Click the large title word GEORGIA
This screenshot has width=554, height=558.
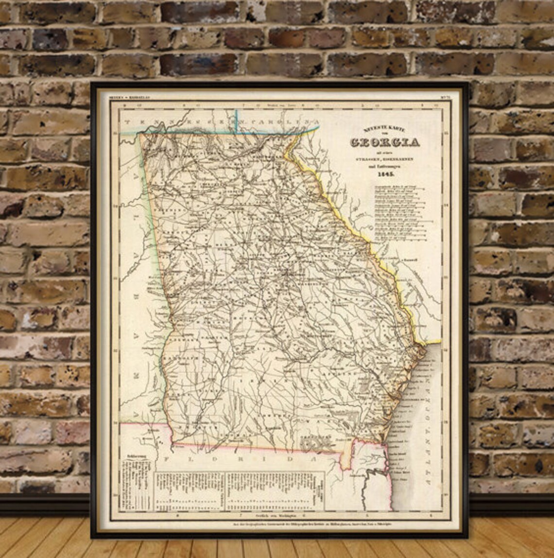[x=384, y=142]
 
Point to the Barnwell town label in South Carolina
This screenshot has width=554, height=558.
[x=411, y=260]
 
